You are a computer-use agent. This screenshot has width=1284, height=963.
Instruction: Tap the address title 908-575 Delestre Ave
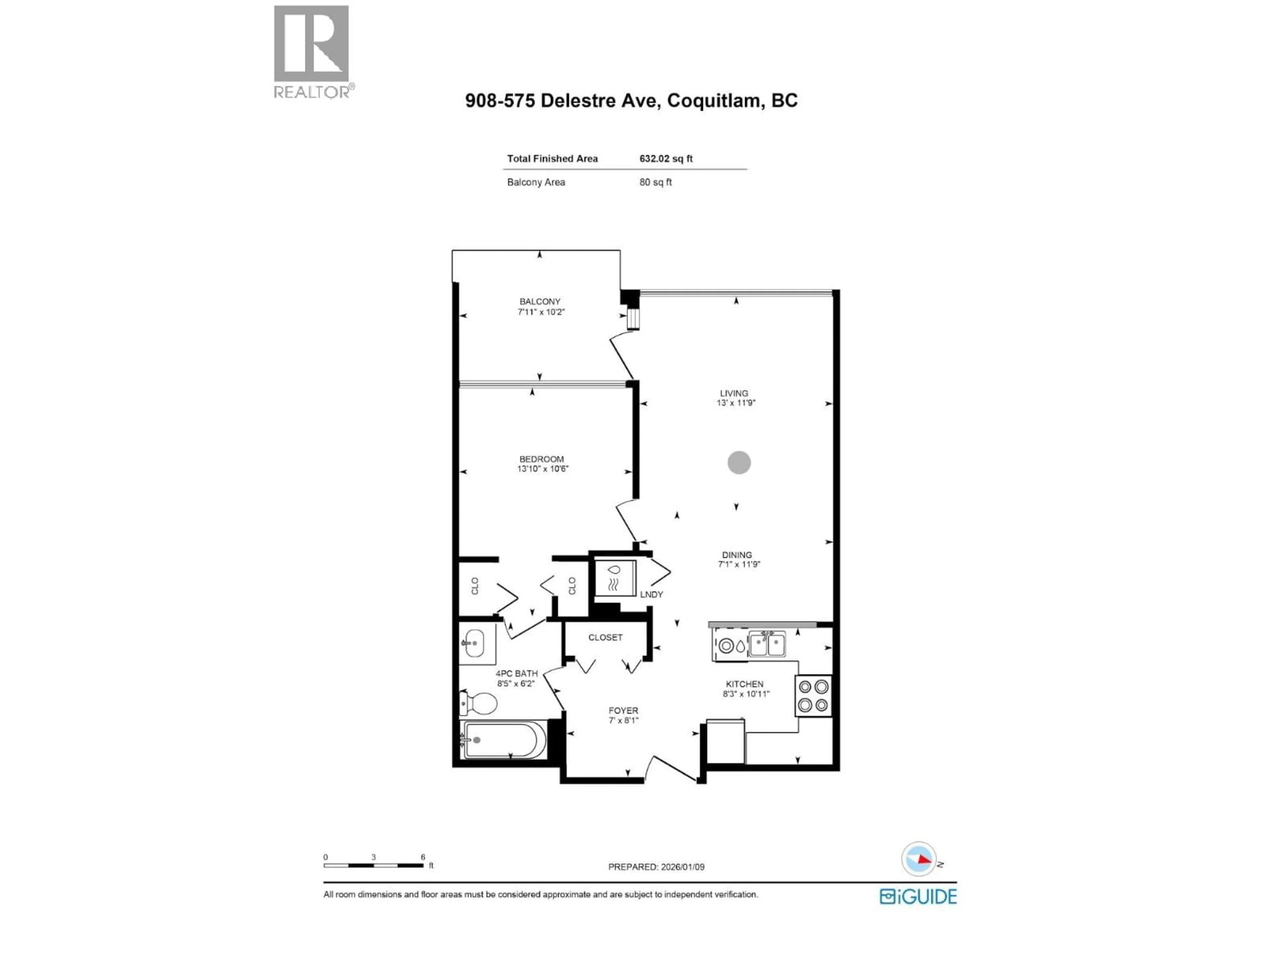(631, 100)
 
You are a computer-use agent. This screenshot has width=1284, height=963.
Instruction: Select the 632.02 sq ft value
(666, 158)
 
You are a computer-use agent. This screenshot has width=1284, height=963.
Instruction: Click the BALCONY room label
(540, 301)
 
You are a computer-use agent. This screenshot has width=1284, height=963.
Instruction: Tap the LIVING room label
(734, 393)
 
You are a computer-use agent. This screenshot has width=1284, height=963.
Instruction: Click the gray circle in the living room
(739, 463)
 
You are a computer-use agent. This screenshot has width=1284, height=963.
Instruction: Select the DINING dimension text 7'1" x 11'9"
(738, 564)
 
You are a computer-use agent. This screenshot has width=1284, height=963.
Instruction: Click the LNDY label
(651, 595)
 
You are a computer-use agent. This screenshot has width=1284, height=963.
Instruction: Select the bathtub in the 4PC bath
(504, 740)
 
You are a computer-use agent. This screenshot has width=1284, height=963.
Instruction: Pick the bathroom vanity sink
(477, 643)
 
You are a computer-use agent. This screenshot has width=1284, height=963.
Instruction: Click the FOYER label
(623, 711)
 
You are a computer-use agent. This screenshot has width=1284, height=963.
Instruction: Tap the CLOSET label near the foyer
(605, 637)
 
